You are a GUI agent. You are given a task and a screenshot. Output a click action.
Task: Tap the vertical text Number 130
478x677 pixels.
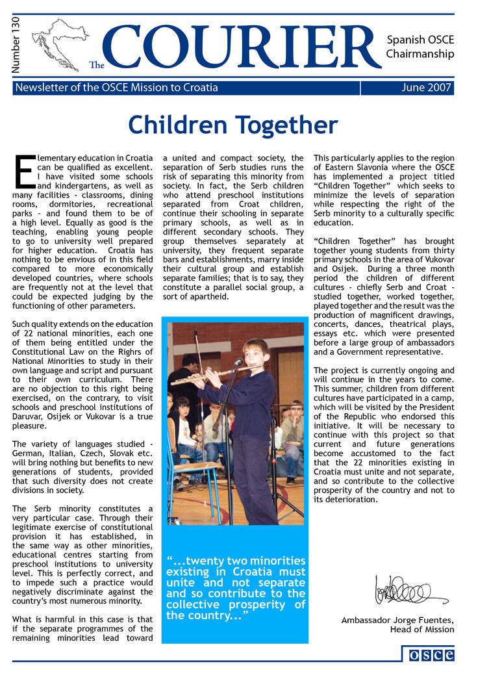click(x=16, y=45)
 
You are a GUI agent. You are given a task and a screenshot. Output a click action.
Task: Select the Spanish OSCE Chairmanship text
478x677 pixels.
click(x=420, y=47)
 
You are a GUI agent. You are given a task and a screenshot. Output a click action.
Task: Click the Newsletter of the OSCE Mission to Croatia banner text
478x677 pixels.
click(x=116, y=88)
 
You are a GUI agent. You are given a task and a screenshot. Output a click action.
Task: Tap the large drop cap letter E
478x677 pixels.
click(x=22, y=172)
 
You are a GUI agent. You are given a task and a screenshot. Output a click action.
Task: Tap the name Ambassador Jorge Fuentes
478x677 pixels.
click(x=397, y=620)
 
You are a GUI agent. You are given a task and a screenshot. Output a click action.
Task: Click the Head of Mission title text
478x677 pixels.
click(x=421, y=630)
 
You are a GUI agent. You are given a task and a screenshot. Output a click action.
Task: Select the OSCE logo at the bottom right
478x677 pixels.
click(x=431, y=654)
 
